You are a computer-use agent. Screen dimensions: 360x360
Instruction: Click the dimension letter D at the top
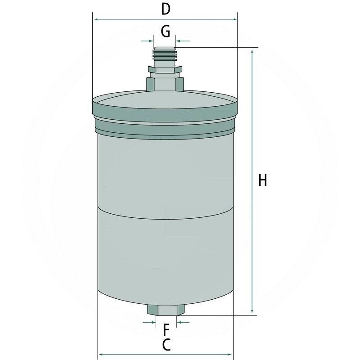pyautogui.click(x=166, y=9)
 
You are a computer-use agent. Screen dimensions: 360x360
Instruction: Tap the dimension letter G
pyautogui.click(x=165, y=31)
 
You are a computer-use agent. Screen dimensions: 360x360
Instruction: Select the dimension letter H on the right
pyautogui.click(x=263, y=181)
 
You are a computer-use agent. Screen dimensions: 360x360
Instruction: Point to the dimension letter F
pyautogui.click(x=166, y=329)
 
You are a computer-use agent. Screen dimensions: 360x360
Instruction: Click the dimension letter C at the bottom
pyautogui.click(x=166, y=345)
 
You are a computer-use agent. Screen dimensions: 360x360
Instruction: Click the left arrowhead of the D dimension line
pyautogui.click(x=95, y=19)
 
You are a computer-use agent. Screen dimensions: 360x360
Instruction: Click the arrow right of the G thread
pyautogui.click(x=180, y=41)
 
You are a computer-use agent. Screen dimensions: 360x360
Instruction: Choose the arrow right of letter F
pyautogui.click(x=180, y=322)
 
